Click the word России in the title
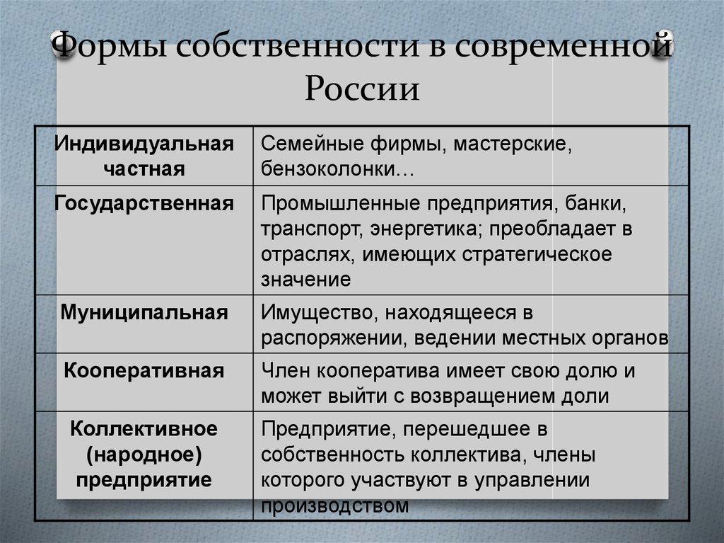coord(363,90)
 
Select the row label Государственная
coord(144,204)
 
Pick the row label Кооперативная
coord(144,370)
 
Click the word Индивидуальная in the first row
coord(144,144)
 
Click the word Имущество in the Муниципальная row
coord(309,312)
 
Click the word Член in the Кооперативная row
coord(286,370)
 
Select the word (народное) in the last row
coord(144,455)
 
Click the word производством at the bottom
coord(335,505)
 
